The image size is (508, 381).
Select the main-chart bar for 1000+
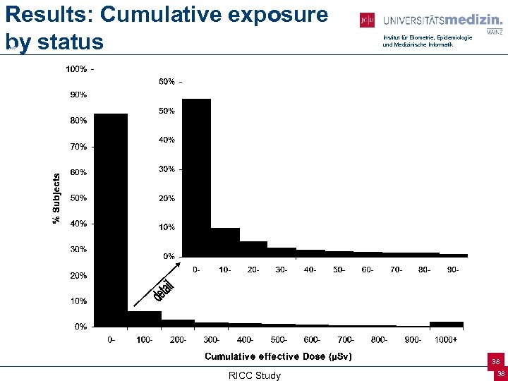[447, 325]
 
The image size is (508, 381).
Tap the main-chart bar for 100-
[145, 319]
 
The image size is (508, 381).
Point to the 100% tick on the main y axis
[77, 69]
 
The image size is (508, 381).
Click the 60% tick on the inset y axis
[167, 82]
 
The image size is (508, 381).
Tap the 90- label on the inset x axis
[453, 270]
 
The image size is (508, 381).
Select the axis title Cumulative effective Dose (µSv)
[278, 356]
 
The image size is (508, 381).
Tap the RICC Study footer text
[254, 375]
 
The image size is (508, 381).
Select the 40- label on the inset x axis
[310, 270]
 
